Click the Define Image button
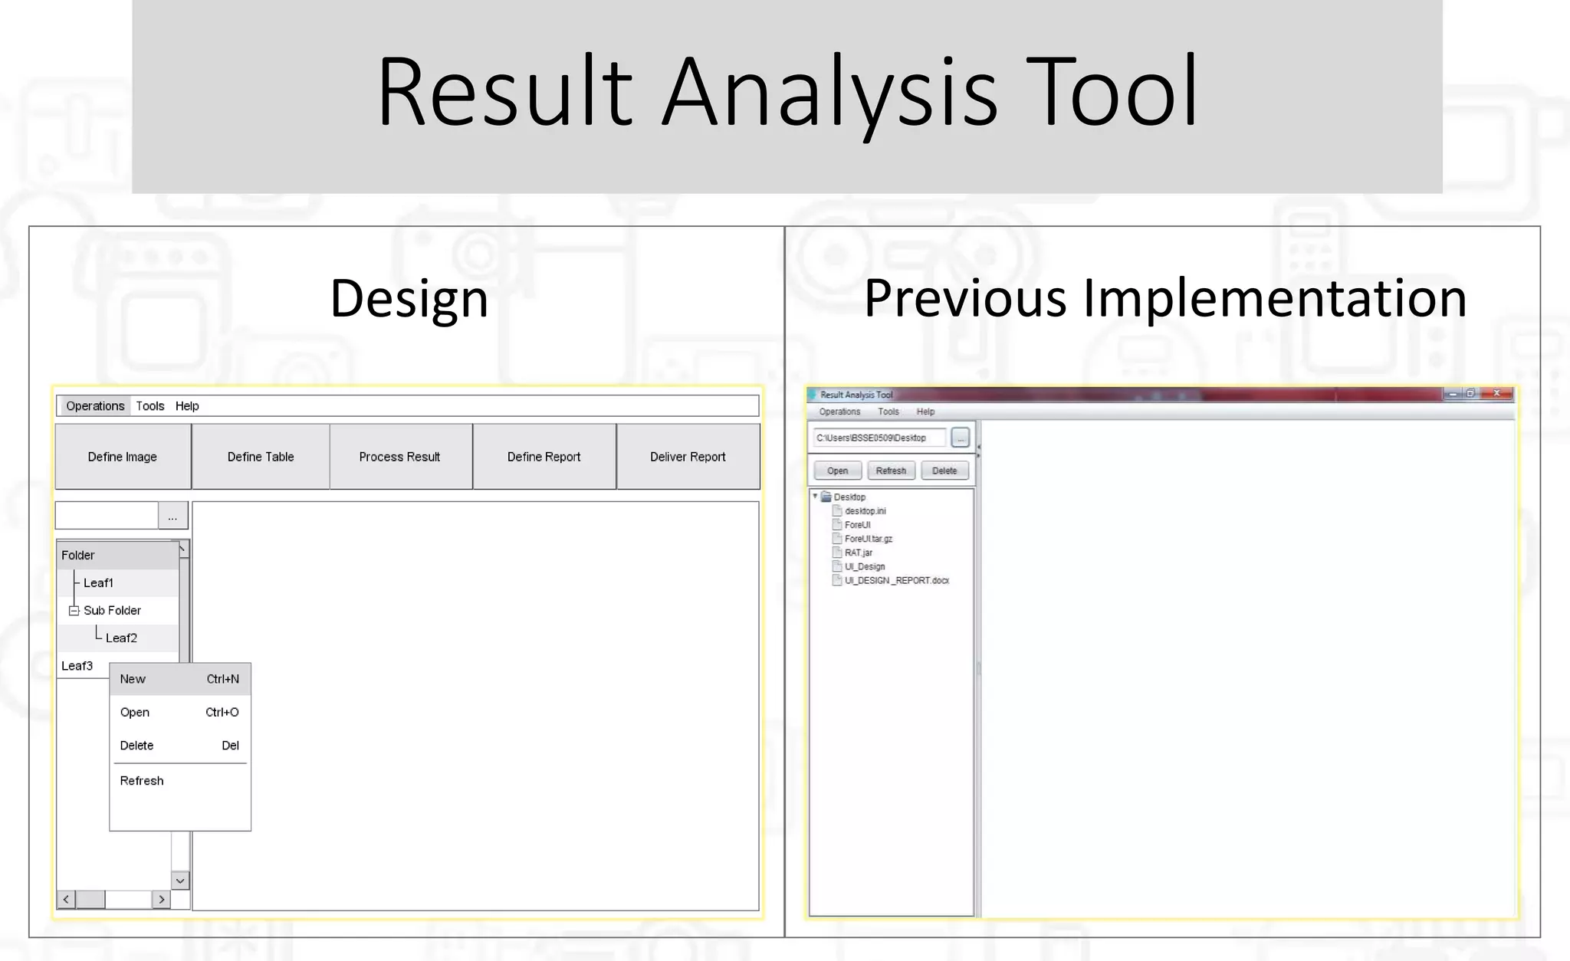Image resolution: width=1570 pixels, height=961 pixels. pyautogui.click(x=123, y=457)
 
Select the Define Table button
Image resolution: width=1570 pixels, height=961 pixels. pyautogui.click(x=261, y=457)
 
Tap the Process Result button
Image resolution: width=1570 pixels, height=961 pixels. pyautogui.click(x=399, y=457)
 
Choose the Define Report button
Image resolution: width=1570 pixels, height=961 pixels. pyautogui.click(x=544, y=457)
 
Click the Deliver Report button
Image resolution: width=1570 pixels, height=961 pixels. pyautogui.click(x=688, y=457)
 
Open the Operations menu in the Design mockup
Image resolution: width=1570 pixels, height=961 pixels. pyautogui.click(x=95, y=406)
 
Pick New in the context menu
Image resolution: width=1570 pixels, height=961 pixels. pyautogui.click(x=133, y=679)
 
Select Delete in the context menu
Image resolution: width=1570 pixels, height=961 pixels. pyautogui.click(x=136, y=746)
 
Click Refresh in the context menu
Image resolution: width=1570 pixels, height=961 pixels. pyautogui.click(x=142, y=781)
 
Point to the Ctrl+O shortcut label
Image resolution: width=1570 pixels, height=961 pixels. pyautogui.click(x=222, y=713)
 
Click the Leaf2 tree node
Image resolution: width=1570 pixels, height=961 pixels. pyautogui.click(x=121, y=638)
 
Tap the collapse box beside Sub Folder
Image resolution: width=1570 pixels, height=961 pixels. pyautogui.click(x=74, y=611)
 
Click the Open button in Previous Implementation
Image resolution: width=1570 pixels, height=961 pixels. pyautogui.click(x=837, y=471)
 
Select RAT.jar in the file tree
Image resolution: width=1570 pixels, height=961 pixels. pyautogui.click(x=858, y=553)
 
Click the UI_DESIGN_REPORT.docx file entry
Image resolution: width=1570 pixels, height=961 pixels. pyautogui.click(x=896, y=581)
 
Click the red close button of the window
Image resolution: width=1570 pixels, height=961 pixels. pyautogui.click(x=1496, y=394)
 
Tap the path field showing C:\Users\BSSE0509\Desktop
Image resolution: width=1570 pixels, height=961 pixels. pyautogui.click(x=878, y=438)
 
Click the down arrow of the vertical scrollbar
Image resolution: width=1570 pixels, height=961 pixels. pyautogui.click(x=180, y=881)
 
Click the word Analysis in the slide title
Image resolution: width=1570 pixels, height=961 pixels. pyautogui.click(x=829, y=92)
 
